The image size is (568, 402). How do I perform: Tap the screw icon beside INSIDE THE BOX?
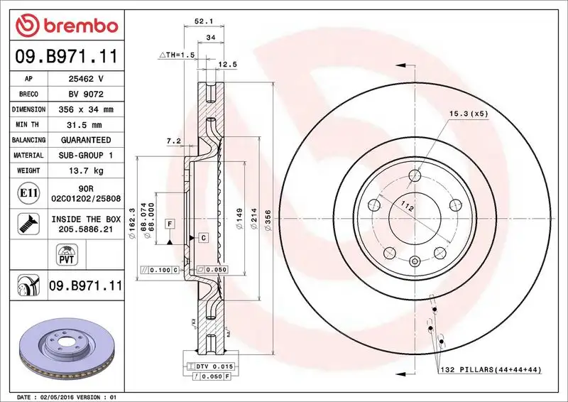25,224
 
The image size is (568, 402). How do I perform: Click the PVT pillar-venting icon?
65,254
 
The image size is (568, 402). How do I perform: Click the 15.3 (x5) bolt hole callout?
468,113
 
